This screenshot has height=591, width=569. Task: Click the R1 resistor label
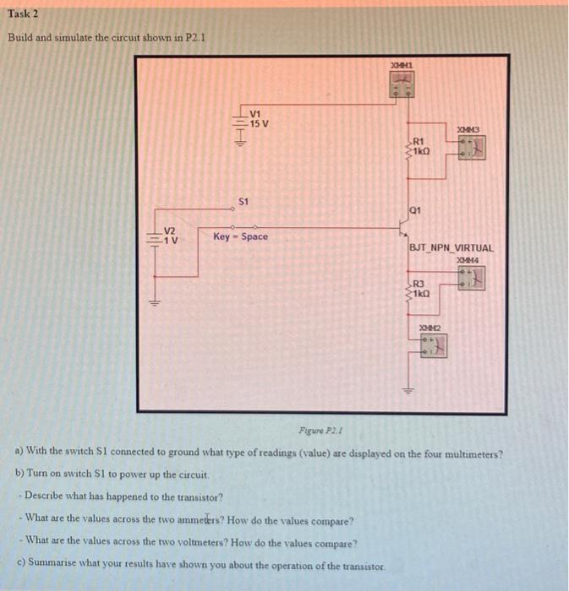[x=419, y=141]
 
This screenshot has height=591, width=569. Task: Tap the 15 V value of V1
[x=260, y=123]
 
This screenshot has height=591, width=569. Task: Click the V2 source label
[x=170, y=231]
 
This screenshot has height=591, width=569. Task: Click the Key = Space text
[x=240, y=236]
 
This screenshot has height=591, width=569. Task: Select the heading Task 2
[x=25, y=15]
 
